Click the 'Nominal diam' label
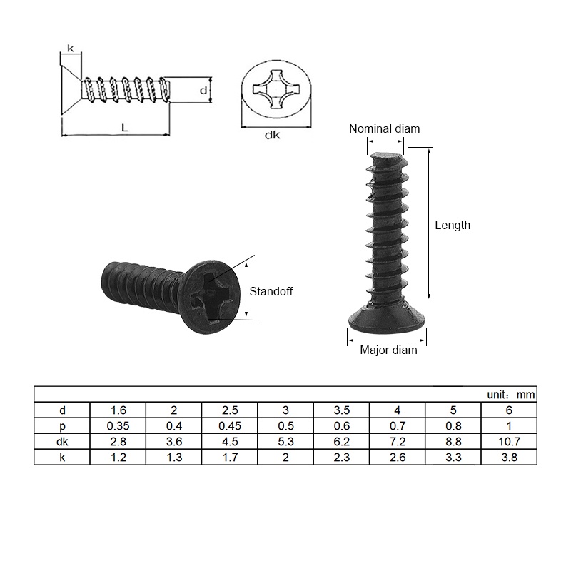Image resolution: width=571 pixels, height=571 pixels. click(384, 129)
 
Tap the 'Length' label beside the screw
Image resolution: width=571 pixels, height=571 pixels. click(453, 225)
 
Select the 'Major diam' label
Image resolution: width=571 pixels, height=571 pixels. click(388, 350)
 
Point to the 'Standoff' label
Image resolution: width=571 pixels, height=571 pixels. click(271, 291)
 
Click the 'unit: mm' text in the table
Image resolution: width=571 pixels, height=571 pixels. click(510, 395)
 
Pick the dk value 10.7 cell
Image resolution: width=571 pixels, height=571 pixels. click(508, 442)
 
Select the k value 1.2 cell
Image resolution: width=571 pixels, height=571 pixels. click(118, 458)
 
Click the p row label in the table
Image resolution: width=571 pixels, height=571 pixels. click(62, 426)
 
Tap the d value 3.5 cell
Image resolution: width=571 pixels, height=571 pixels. click(341, 410)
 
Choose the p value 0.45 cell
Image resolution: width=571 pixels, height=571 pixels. click(230, 426)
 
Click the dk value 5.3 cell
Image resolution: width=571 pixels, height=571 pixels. click(285, 442)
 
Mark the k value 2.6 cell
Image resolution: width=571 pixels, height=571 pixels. click(397, 458)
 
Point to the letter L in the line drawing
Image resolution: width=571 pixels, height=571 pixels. click(124, 128)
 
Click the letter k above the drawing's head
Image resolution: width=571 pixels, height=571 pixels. click(70, 49)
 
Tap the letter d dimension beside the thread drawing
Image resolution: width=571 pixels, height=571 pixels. click(203, 91)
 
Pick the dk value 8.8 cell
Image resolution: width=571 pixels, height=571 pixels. click(453, 442)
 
